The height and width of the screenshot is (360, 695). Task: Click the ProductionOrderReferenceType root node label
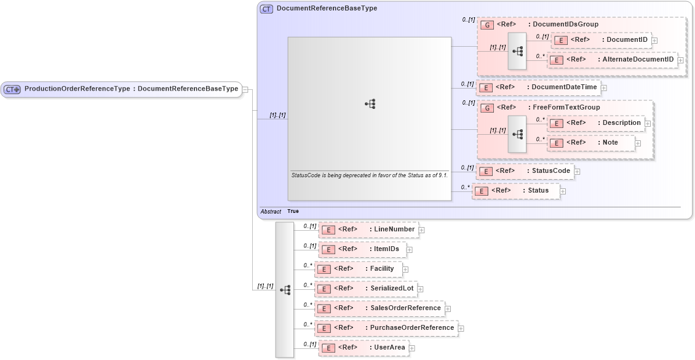click(130, 89)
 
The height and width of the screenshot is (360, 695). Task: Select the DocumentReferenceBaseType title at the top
click(327, 9)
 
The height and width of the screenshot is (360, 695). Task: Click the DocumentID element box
click(601, 40)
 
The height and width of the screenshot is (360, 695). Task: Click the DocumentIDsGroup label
click(565, 25)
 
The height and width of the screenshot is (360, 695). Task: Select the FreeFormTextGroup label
click(566, 108)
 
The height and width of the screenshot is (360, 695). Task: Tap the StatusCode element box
click(525, 171)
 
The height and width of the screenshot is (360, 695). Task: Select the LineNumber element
click(368, 230)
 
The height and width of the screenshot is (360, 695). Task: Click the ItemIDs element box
click(362, 249)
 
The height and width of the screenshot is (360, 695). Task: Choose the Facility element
click(358, 269)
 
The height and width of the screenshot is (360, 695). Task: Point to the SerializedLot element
click(365, 289)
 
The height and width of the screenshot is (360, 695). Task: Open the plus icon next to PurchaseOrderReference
click(461, 329)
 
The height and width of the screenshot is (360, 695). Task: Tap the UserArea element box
click(363, 348)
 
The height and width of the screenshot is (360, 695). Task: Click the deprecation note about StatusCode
click(369, 175)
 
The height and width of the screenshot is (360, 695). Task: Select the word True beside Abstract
click(293, 211)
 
